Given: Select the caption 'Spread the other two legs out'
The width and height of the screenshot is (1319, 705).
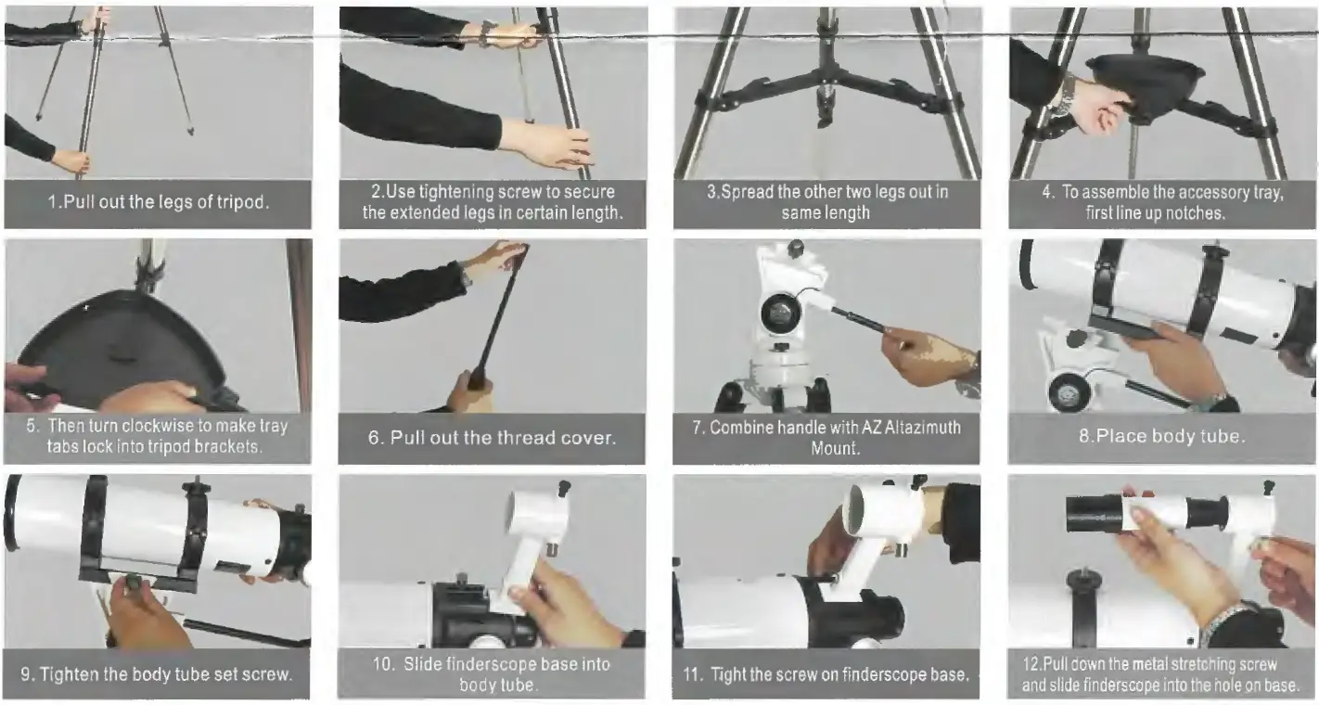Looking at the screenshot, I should pyautogui.click(x=826, y=193).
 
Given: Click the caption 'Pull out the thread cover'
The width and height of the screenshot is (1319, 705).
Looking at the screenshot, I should pyautogui.click(x=492, y=438).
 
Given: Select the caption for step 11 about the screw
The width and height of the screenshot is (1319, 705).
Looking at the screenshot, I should pyautogui.click(x=826, y=674).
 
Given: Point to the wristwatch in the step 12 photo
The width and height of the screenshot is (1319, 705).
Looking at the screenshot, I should pyautogui.click(x=1223, y=622).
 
